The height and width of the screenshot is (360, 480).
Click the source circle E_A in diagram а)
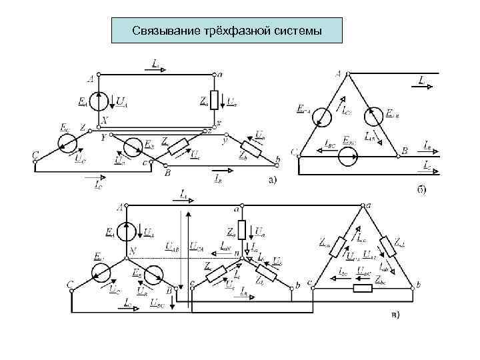coord(99,101)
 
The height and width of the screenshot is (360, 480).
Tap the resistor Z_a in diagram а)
coord(215,100)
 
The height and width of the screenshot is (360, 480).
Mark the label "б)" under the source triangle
coord(421,189)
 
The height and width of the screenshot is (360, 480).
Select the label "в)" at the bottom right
coord(395,315)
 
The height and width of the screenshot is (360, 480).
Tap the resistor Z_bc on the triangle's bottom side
coord(363,289)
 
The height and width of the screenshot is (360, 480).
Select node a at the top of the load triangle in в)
coord(365,207)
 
